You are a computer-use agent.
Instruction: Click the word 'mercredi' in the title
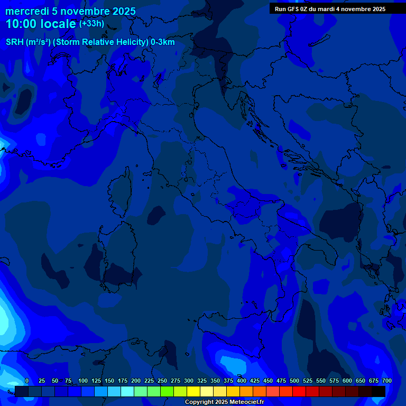click(x=26, y=11)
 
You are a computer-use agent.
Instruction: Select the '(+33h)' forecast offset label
click(x=91, y=23)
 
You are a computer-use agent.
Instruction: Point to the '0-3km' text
click(x=163, y=42)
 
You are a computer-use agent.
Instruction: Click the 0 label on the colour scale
click(x=27, y=381)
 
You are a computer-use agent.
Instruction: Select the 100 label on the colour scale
click(x=83, y=381)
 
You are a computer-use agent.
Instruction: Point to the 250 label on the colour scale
click(x=162, y=381)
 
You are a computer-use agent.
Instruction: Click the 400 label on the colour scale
click(x=242, y=381)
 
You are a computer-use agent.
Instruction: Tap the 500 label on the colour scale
click(x=294, y=381)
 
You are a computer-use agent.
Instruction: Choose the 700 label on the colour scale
click(x=387, y=381)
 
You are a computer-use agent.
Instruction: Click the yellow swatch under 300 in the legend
click(x=193, y=391)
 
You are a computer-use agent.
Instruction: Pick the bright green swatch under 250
click(x=167, y=391)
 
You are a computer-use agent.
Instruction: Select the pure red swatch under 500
click(x=299, y=391)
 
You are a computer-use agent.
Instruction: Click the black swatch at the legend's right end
click(x=379, y=391)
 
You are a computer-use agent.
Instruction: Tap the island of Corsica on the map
click(x=120, y=193)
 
